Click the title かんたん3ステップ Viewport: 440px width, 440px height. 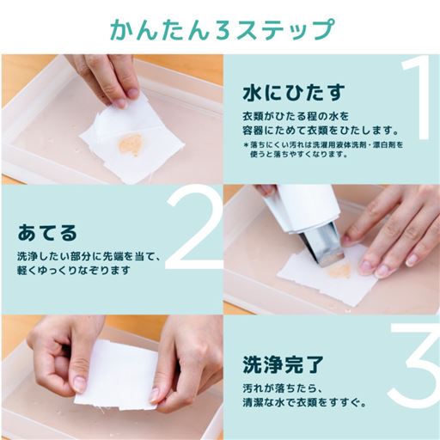[x=222, y=29]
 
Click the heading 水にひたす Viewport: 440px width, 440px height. [x=294, y=93]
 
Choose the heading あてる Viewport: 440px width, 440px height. [x=47, y=233]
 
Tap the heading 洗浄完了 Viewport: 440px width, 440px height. [x=283, y=364]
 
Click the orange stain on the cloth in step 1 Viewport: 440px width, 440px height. [x=131, y=145]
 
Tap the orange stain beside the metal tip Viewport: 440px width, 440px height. [x=340, y=270]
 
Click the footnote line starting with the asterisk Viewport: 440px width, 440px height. [x=323, y=144]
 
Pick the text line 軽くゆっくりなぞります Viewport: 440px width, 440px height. [x=74, y=270]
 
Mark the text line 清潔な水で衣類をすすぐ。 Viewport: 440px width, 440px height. [x=304, y=402]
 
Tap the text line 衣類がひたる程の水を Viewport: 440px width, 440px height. [x=296, y=117]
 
